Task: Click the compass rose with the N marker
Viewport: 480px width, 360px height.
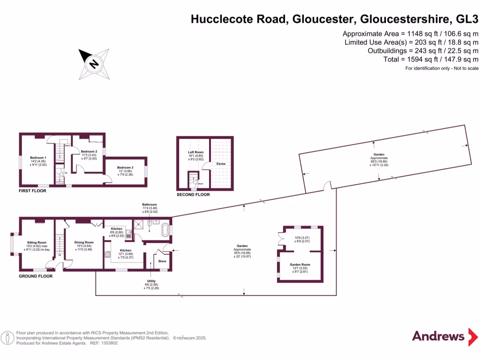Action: [94, 64]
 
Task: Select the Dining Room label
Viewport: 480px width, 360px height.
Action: [83, 242]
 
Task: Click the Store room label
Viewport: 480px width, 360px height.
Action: [162, 261]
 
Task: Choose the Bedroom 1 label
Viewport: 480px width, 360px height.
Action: [38, 157]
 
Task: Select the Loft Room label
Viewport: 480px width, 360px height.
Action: [195, 152]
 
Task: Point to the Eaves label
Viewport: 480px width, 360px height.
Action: [221, 164]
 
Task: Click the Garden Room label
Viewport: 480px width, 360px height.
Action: [300, 264]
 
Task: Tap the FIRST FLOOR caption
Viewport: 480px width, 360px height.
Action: [32, 191]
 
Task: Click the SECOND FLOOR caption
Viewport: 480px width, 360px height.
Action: [193, 195]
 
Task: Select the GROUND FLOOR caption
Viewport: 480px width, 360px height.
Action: [35, 276]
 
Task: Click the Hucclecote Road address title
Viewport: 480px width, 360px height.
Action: [335, 20]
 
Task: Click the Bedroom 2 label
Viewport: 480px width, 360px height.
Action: [89, 151]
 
